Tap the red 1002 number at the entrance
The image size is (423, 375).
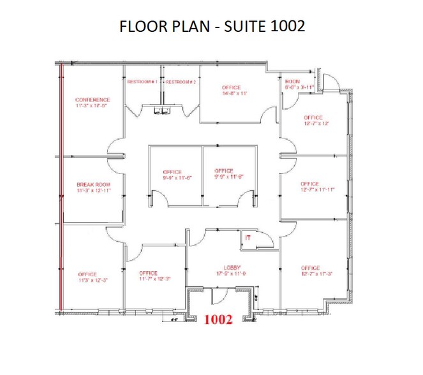click(x=218, y=320)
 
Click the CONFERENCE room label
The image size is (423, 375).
click(x=93, y=100)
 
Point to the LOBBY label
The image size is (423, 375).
click(x=231, y=268)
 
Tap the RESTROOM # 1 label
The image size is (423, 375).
click(x=142, y=82)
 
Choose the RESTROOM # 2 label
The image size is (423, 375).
click(x=181, y=82)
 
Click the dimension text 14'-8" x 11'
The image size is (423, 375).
click(x=234, y=93)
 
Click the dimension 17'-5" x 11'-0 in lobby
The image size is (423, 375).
click(x=231, y=274)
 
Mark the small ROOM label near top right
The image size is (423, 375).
click(x=292, y=82)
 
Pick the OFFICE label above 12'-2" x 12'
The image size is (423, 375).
click(x=313, y=118)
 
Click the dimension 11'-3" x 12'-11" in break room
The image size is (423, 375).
click(x=93, y=191)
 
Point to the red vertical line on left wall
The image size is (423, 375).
click(x=61, y=191)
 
